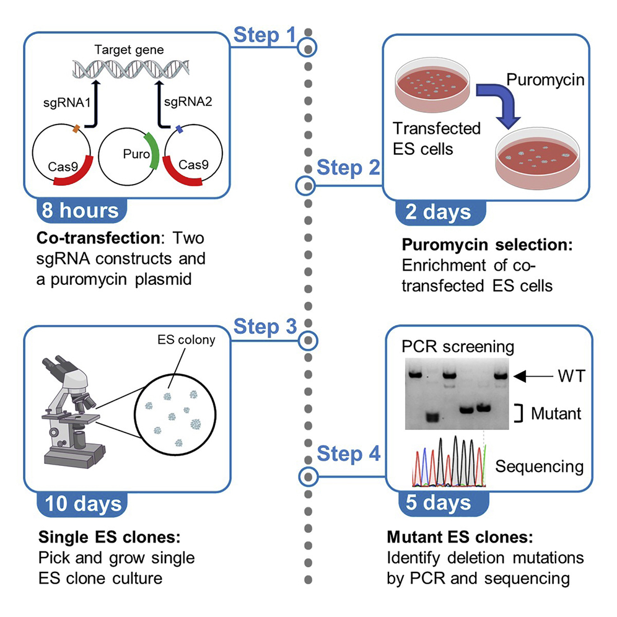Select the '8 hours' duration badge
coord(80,211)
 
